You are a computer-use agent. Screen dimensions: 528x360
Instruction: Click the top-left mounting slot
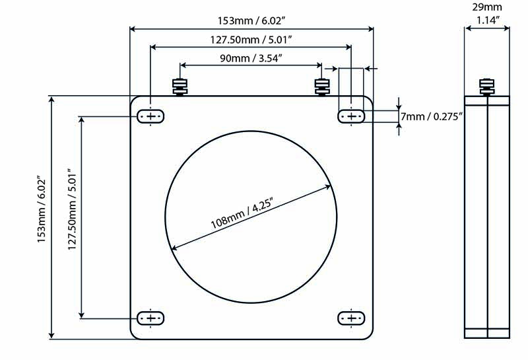(150, 116)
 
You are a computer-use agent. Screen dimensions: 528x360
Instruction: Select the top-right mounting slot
(351, 116)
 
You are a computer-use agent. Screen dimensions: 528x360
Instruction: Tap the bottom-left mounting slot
(150, 318)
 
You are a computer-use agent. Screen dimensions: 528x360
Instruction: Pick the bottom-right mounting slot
(351, 318)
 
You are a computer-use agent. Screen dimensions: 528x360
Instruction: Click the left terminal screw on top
(180, 87)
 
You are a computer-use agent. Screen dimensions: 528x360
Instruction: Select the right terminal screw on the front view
(322, 87)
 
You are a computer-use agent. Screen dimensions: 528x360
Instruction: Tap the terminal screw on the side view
(487, 87)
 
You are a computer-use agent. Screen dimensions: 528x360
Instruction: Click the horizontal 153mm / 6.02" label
(251, 20)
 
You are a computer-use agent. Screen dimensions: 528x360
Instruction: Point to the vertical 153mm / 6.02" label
(41, 209)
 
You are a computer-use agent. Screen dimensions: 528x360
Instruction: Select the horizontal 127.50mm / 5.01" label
(251, 40)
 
